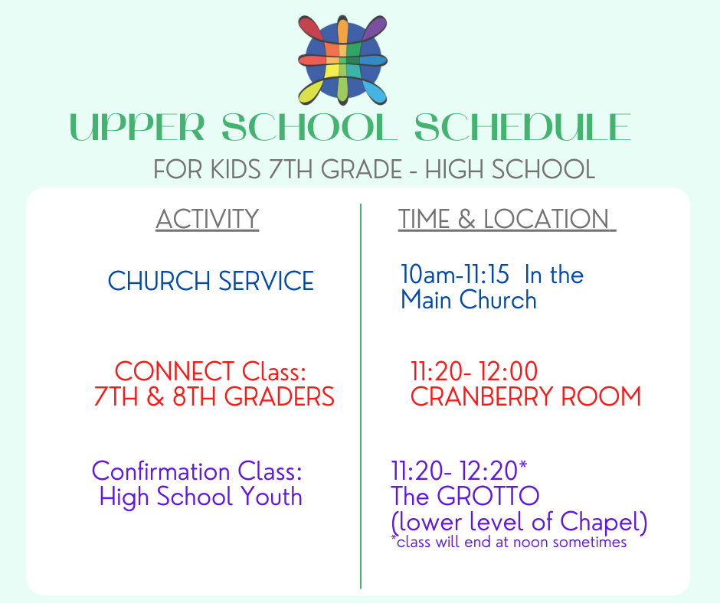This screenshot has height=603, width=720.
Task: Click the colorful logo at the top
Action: [342, 60]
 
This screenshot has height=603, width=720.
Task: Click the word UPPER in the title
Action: [137, 127]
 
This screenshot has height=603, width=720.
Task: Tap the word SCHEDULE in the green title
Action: [523, 127]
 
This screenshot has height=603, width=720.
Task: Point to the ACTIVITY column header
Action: [207, 219]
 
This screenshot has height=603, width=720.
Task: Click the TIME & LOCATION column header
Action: [506, 219]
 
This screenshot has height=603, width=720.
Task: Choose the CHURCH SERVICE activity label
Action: [211, 281]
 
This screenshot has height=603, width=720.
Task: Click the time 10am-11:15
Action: [454, 275]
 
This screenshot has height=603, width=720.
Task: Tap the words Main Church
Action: [469, 300]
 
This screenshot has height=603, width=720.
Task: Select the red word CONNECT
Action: [175, 371]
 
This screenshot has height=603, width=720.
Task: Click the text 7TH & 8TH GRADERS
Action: [214, 396]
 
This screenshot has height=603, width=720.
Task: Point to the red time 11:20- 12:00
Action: [474, 371]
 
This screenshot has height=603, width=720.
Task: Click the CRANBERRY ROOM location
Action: [525, 396]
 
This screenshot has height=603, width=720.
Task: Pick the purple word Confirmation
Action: [161, 471]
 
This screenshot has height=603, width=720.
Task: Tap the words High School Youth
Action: [201, 497]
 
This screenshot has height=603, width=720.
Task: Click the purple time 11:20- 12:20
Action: [454, 471]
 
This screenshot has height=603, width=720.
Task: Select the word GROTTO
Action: [488, 496]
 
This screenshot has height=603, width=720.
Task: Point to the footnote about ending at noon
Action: [509, 542]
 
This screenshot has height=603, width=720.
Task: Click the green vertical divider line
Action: [361, 396]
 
